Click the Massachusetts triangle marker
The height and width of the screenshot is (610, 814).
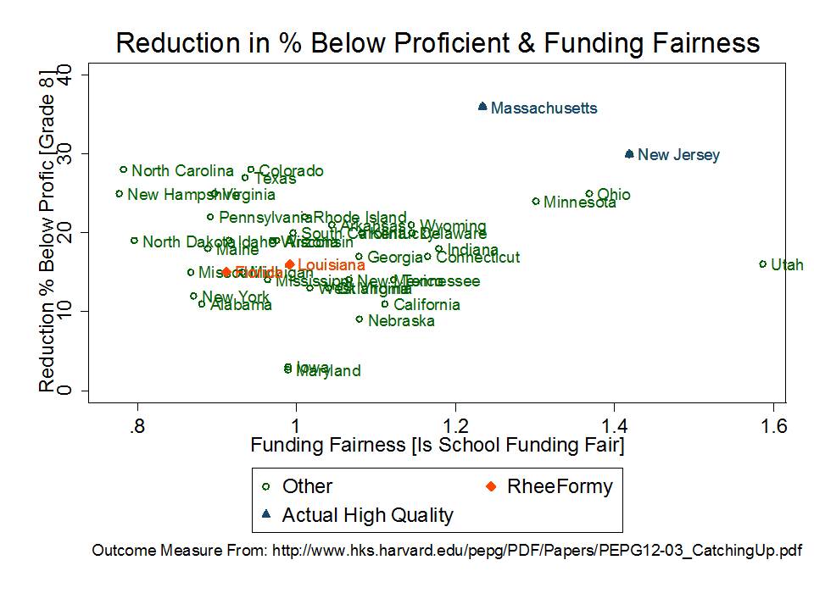[482, 107]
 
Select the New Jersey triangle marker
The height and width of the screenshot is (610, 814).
[629, 154]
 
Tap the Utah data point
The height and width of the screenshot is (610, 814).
[762, 264]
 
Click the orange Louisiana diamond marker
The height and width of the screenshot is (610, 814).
[290, 264]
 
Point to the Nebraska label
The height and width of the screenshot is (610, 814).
[401, 321]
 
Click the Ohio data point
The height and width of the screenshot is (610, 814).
[589, 194]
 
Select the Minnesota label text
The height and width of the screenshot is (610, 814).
[579, 202]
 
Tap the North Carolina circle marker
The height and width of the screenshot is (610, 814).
[124, 169]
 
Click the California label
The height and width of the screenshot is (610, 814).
[427, 305]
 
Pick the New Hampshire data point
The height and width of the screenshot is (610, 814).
[120, 194]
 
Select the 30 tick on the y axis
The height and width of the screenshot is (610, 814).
[62, 153]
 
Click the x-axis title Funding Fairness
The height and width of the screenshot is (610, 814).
[437, 446]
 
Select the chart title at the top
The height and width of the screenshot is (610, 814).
[438, 43]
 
